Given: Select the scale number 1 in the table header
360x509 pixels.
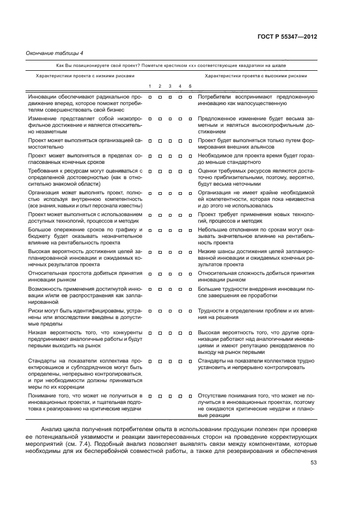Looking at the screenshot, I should [x=150, y=87].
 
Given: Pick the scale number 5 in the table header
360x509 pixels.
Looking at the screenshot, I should [x=190, y=87].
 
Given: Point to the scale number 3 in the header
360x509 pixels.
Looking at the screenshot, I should [x=170, y=87].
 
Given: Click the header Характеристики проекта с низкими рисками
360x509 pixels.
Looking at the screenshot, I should [x=84, y=76].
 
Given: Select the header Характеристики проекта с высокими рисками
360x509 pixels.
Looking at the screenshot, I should [x=255, y=76].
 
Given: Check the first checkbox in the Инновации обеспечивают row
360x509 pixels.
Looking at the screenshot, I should [x=150, y=97].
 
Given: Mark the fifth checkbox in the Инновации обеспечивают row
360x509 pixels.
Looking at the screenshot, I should [x=190, y=97].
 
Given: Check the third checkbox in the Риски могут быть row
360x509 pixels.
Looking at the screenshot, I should [x=170, y=310].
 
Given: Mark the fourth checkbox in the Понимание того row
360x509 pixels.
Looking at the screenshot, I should [x=180, y=395].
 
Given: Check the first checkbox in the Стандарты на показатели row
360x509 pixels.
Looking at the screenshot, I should [x=150, y=360].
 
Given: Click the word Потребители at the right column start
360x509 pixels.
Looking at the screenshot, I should [x=215, y=96].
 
